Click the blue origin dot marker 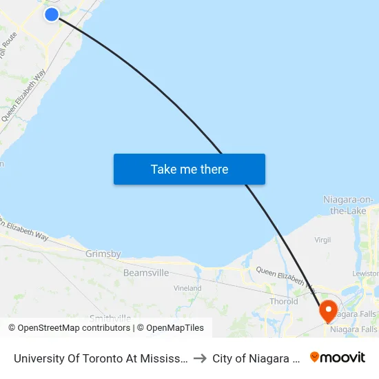(52, 14)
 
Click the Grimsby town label (103, 254)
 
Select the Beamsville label (146, 273)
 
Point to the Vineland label (187, 288)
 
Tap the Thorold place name (284, 301)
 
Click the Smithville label (110, 318)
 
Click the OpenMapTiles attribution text (172, 328)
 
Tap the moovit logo (338, 357)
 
